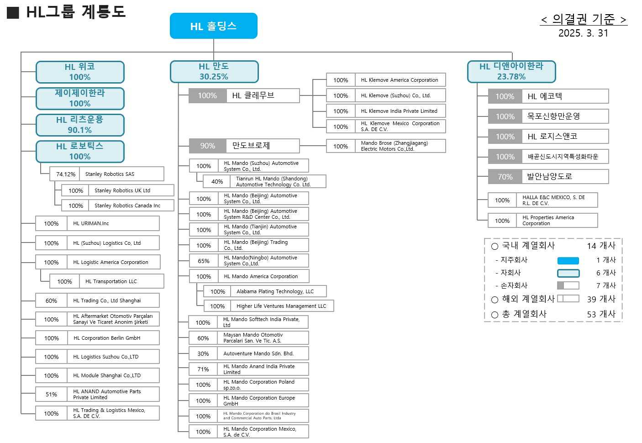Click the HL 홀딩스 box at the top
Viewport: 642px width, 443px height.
[x=213, y=26]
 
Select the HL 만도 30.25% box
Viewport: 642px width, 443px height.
[x=214, y=72]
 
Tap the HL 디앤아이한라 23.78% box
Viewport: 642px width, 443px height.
[x=511, y=72]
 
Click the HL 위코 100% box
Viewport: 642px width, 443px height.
[x=80, y=72]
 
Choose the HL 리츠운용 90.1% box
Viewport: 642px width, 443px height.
[x=80, y=125]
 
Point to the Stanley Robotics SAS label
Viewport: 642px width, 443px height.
[x=110, y=174]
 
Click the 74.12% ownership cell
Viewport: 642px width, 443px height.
[x=66, y=174]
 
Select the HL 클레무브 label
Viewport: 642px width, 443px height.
[x=253, y=95]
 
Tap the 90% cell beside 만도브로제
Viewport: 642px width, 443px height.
[x=207, y=146]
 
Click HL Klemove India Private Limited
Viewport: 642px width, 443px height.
[x=399, y=111]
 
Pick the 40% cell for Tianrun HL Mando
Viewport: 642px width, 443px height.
[x=217, y=181]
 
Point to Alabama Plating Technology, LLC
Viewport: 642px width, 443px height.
[x=275, y=291]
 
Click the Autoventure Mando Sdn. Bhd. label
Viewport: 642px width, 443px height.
[x=258, y=353]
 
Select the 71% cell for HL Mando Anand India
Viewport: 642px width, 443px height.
[x=203, y=369]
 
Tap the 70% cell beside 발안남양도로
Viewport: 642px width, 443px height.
[x=505, y=177]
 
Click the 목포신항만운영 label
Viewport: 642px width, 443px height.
[x=553, y=116]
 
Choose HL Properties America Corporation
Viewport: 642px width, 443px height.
[x=548, y=221]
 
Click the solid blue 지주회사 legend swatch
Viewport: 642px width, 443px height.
[x=568, y=260]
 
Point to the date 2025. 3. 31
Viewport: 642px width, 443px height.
[x=583, y=33]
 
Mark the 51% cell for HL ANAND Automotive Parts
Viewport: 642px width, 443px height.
[x=51, y=394]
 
